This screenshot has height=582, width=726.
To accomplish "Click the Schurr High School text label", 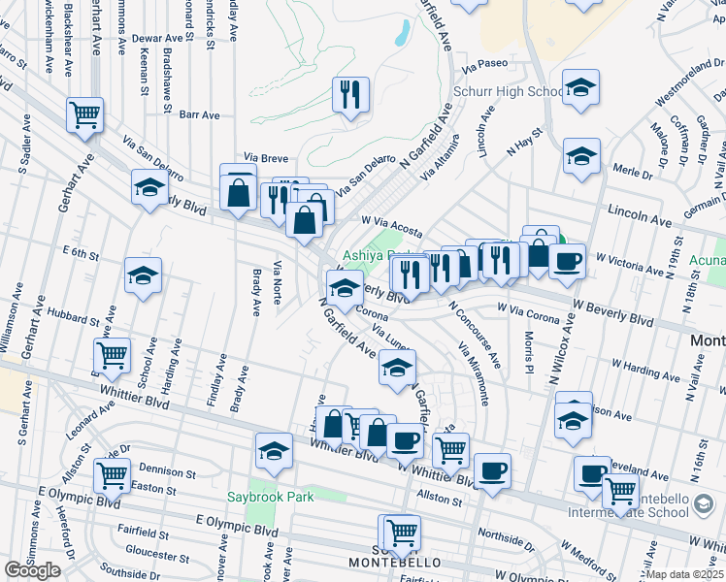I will click(508, 92).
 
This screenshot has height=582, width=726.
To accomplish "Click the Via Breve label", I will click(266, 157).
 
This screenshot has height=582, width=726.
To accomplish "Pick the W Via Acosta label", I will click(391, 225).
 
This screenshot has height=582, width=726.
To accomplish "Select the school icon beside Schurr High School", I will click(580, 88).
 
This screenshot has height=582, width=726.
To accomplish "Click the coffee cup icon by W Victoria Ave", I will click(567, 260).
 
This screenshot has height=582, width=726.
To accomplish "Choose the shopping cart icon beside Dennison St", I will click(113, 475).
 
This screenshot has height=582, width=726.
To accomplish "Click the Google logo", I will click(32, 570).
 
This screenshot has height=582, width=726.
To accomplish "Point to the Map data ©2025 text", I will click(684, 574).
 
